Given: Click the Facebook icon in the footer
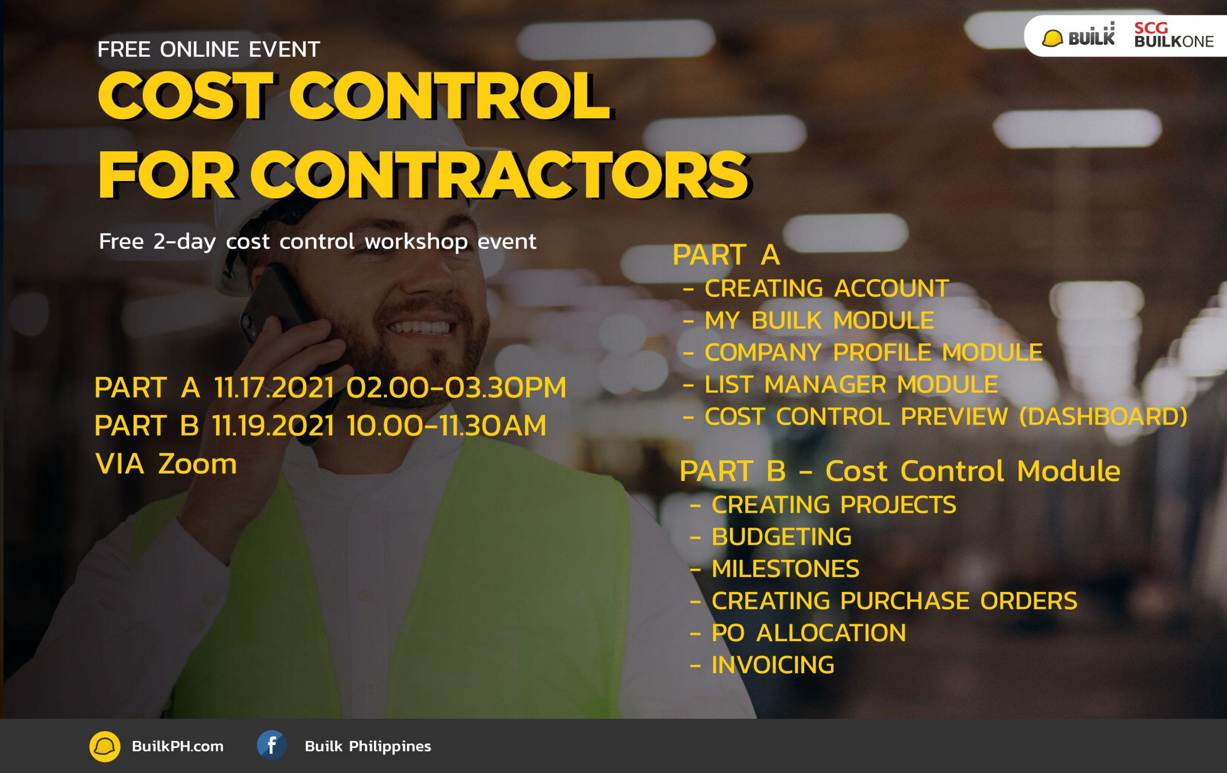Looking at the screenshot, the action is pyautogui.click(x=272, y=746).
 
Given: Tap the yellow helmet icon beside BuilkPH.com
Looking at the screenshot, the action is pyautogui.click(x=105, y=747).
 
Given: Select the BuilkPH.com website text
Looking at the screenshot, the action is pyautogui.click(x=177, y=747).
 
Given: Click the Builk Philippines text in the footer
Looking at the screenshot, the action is pyautogui.click(x=368, y=747).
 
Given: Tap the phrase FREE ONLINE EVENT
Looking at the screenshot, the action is pyautogui.click(x=209, y=49).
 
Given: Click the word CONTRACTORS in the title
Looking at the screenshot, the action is pyautogui.click(x=499, y=175).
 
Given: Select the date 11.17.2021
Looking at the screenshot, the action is pyautogui.click(x=274, y=387).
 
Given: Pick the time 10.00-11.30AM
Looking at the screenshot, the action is pyautogui.click(x=447, y=426).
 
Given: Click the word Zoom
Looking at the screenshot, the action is pyautogui.click(x=197, y=464).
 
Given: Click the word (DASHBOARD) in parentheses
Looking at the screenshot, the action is pyautogui.click(x=1104, y=417).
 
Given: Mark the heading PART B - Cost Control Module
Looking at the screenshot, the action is pyautogui.click(x=900, y=471).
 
